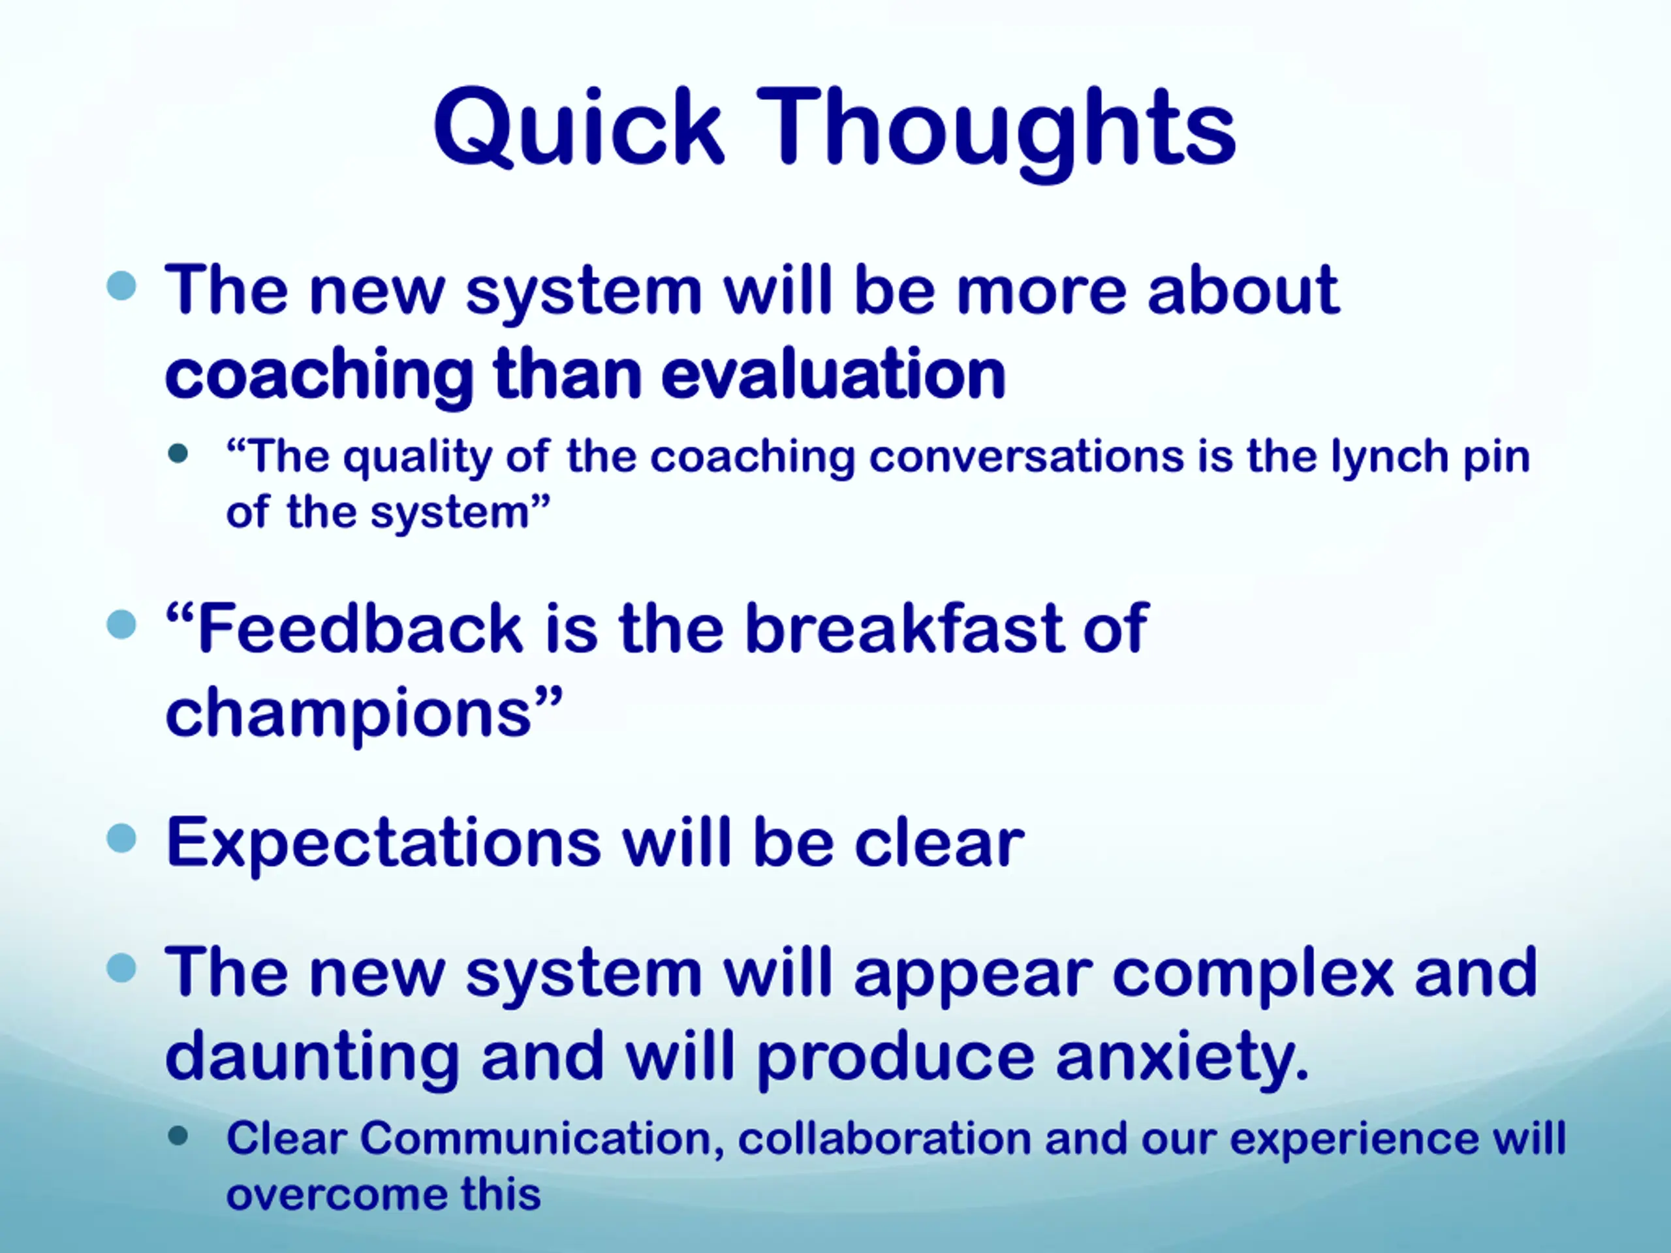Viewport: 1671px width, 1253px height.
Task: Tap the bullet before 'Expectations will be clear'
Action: (121, 837)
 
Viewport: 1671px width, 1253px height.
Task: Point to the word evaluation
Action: (834, 373)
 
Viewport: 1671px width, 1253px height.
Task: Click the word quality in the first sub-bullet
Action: (417, 458)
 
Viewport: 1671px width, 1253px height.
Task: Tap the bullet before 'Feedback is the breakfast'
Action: (121, 625)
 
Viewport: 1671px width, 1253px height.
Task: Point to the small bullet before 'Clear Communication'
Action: (178, 1136)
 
